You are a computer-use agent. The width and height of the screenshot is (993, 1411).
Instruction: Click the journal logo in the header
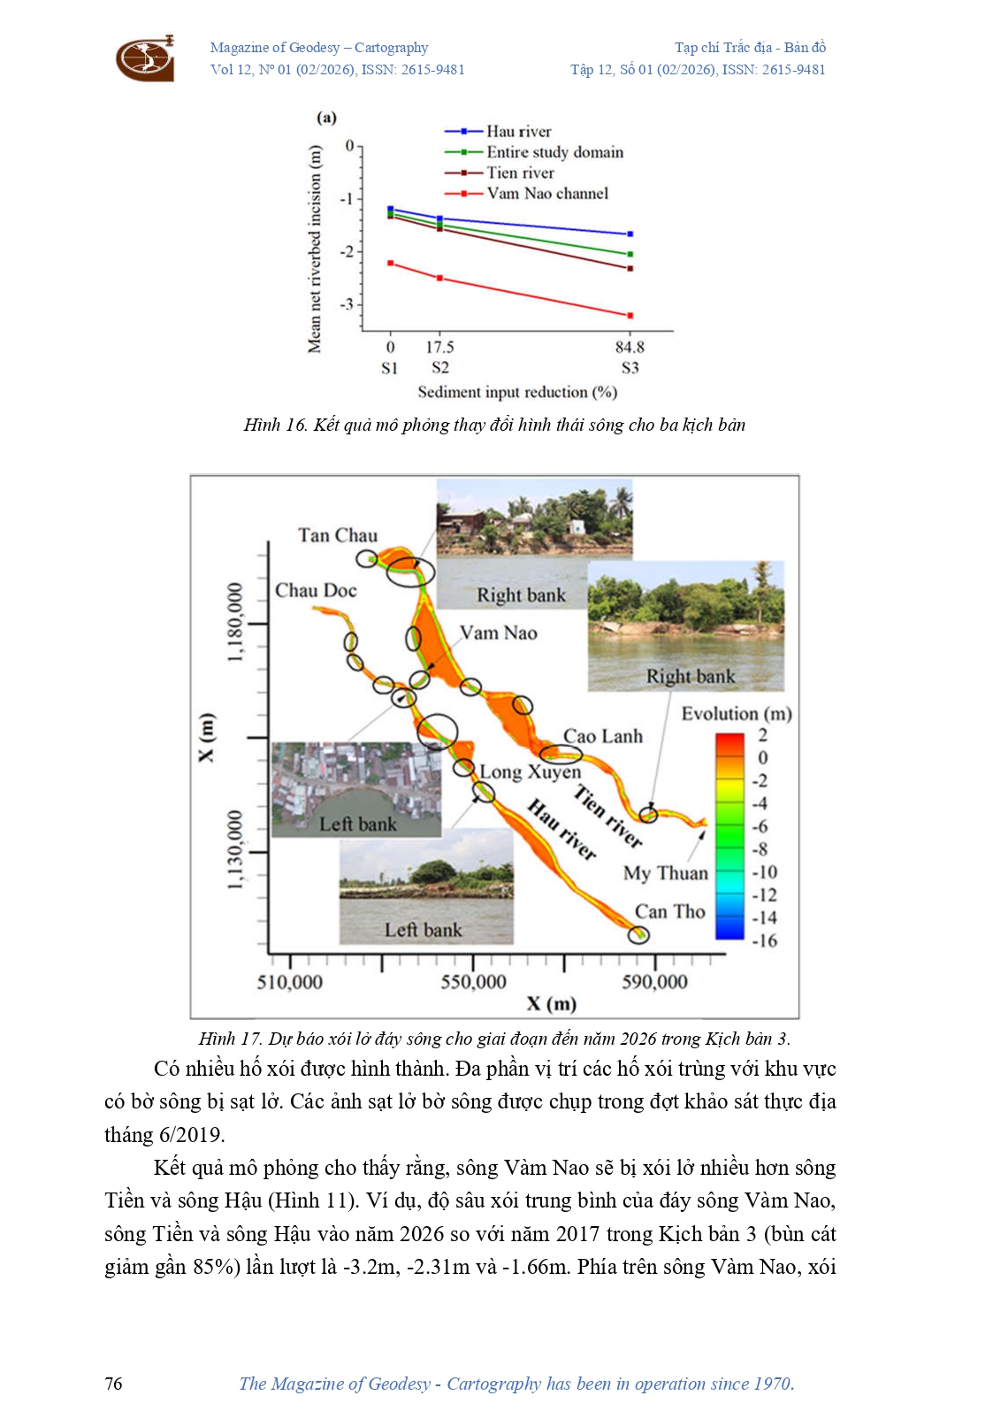tap(145, 58)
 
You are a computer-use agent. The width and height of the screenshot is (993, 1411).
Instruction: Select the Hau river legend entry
tap(518, 132)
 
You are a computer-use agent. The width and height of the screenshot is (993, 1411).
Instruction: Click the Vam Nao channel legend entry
tap(546, 194)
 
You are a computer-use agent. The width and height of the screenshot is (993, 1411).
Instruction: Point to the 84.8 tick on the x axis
tap(630, 347)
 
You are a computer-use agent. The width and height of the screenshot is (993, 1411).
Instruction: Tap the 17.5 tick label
tap(439, 347)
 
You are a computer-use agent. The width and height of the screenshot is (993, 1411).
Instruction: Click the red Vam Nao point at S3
tap(630, 316)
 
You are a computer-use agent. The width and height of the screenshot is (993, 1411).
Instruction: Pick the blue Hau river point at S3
tap(630, 234)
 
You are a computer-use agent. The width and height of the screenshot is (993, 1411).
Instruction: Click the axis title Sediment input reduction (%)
tap(517, 392)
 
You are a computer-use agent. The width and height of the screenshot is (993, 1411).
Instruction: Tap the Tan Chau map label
tap(338, 535)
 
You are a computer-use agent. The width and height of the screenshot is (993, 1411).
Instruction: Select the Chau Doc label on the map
tap(316, 590)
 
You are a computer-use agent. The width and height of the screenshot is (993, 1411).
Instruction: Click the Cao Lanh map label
tap(603, 736)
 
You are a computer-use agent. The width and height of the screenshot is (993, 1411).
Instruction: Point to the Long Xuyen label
tap(530, 772)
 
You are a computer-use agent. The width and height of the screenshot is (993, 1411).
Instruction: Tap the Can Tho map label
tap(669, 911)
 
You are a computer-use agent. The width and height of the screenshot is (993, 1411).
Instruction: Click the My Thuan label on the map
tap(665, 873)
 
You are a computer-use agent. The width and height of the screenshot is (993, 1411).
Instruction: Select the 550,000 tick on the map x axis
tap(474, 982)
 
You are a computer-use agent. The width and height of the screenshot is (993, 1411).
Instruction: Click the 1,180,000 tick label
tap(234, 622)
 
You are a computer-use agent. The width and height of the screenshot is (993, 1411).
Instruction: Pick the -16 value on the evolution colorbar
tap(764, 940)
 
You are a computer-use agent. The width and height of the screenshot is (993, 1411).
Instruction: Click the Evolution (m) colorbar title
tap(736, 714)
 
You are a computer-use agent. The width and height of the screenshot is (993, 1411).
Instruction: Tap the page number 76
tap(114, 1384)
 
